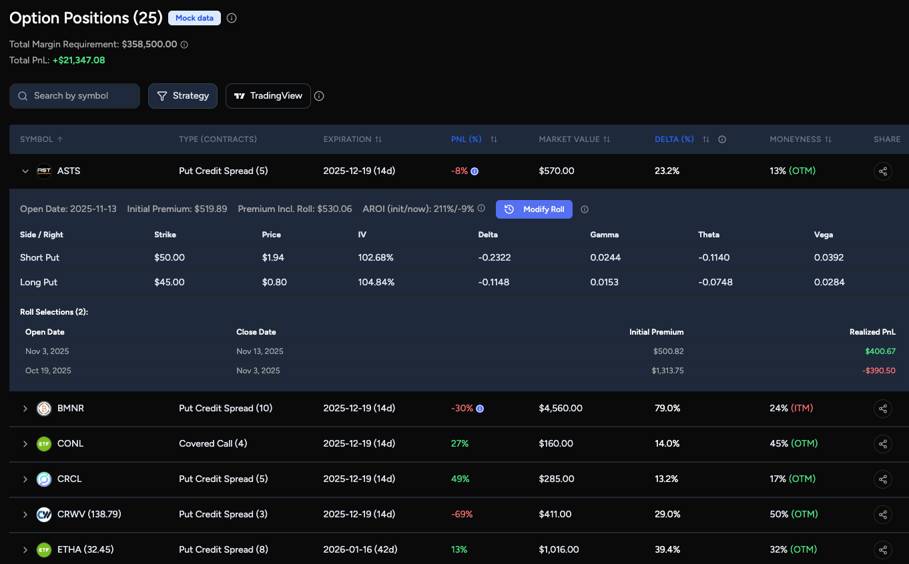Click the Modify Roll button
pos(534,209)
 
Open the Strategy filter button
pos(183,96)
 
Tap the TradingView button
pos(268,96)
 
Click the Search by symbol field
pos(75,96)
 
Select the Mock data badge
pos(194,18)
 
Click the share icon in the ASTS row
pos(882,171)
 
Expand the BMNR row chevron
pos(25,408)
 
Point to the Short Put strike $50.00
pos(170,257)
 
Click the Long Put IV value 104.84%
pos(376,282)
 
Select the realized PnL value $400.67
pos(880,351)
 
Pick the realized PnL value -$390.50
pos(879,371)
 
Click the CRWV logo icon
pos(44,514)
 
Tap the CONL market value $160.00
pos(556,443)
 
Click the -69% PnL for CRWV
pos(462,514)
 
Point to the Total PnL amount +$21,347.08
pos(79,60)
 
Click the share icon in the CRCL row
pos(882,479)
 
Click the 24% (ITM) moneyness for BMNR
pos(792,408)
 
